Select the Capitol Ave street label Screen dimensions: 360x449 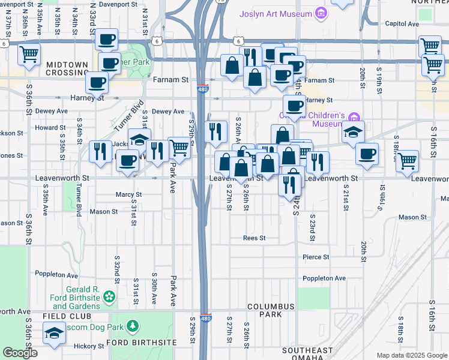click(x=402, y=24)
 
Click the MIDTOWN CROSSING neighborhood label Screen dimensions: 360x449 click(x=59, y=68)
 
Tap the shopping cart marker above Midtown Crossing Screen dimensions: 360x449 click(x=29, y=55)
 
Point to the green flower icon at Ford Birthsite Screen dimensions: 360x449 click(x=109, y=296)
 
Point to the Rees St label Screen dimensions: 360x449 click(x=254, y=238)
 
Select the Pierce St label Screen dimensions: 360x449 click(x=316, y=257)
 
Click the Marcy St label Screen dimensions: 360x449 click(x=128, y=194)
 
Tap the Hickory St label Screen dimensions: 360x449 click(x=89, y=346)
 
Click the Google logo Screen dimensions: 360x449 click(x=20, y=353)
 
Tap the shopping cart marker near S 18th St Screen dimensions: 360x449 click(x=408, y=160)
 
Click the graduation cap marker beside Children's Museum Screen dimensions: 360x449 click(x=353, y=132)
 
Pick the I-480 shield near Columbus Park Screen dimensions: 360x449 click(x=205, y=319)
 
